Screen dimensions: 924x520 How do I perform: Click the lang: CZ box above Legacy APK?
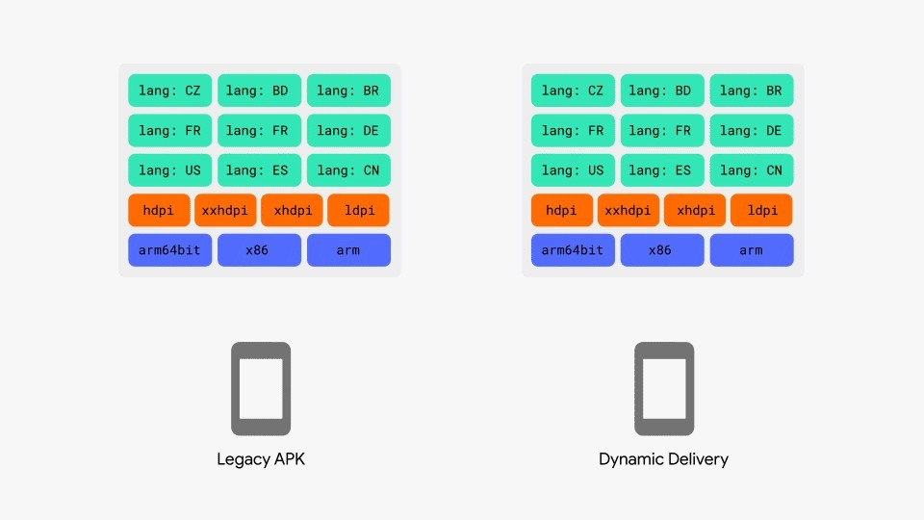click(x=169, y=91)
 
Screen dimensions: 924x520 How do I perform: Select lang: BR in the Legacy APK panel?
click(x=348, y=91)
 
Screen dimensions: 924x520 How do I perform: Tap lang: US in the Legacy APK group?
click(x=169, y=169)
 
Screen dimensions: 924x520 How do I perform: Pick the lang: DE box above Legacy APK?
click(x=348, y=130)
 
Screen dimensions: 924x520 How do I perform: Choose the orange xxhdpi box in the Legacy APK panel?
click(x=225, y=210)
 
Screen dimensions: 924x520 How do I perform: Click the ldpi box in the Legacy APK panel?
click(x=358, y=210)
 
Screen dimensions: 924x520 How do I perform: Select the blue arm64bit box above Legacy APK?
click(x=169, y=250)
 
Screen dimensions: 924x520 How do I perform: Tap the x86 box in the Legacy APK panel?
click(x=259, y=250)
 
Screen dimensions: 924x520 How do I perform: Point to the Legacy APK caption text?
click(x=261, y=459)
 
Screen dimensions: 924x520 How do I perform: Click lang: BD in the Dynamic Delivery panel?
click(x=662, y=91)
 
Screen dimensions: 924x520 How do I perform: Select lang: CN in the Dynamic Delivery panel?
click(x=752, y=169)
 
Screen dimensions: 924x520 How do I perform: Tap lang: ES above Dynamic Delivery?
click(x=662, y=169)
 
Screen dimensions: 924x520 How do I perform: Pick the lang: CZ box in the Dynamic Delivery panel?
click(x=573, y=91)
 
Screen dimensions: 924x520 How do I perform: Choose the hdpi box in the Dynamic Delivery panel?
click(x=561, y=210)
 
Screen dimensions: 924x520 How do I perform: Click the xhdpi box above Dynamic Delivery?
click(x=695, y=210)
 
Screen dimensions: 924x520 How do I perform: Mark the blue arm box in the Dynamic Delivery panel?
click(x=752, y=250)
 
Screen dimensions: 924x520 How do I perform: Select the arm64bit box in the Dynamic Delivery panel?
click(x=573, y=250)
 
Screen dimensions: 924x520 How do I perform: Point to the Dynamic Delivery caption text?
click(x=663, y=459)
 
